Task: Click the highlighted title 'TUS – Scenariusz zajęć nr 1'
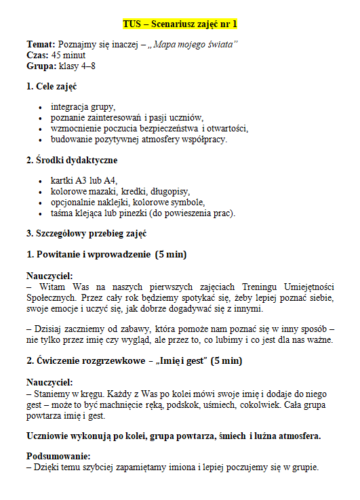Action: coord(180,24)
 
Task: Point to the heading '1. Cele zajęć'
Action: coord(52,87)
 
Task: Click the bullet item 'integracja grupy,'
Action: coord(83,107)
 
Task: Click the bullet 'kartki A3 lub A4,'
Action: coord(84,181)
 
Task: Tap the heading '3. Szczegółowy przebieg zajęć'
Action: coord(87,233)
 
